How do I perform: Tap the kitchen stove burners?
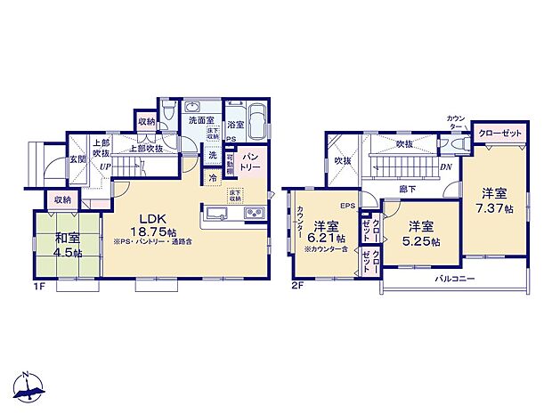tap(254, 214)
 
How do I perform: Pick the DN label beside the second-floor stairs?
tap(446, 166)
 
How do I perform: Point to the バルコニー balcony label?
tap(454, 279)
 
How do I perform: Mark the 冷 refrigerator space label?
tap(214, 177)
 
